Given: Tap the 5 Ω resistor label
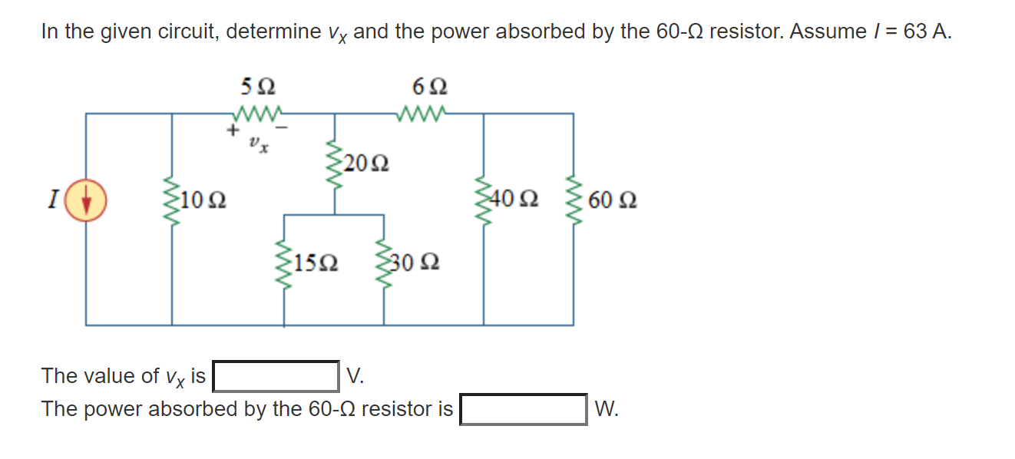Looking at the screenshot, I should (256, 85).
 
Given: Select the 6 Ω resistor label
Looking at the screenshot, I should (429, 85).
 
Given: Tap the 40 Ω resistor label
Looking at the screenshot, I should (517, 201).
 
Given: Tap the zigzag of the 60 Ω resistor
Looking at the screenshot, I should (573, 201).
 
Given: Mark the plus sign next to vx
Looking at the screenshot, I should (230, 131).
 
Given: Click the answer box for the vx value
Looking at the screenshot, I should (276, 376).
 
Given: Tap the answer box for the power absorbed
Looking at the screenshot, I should (524, 409).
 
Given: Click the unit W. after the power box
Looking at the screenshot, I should (606, 409).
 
